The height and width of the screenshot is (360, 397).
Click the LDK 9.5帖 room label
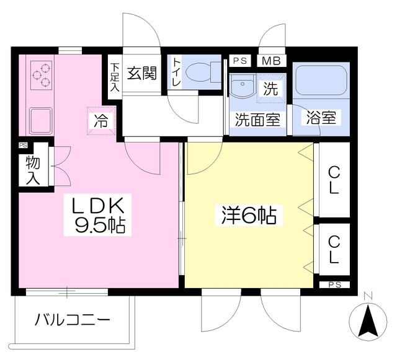[97, 215]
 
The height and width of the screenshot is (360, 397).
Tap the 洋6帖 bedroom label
[249, 215]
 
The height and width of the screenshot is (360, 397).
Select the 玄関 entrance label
[142, 73]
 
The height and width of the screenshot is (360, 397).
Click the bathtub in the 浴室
[321, 81]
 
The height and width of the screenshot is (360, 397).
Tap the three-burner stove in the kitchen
[41, 75]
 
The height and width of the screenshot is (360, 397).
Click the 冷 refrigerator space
[101, 121]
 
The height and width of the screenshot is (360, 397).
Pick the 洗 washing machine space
[271, 88]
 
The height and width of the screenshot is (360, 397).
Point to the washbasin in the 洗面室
[243, 86]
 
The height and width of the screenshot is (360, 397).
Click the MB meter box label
[271, 61]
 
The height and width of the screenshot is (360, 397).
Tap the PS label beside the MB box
[240, 61]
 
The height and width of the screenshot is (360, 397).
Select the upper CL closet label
[334, 181]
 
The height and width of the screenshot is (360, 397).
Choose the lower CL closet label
[334, 249]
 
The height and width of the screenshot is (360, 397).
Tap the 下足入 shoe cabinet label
[115, 77]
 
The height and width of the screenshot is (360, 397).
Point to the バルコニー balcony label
[73, 320]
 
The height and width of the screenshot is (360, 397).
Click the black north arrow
[368, 322]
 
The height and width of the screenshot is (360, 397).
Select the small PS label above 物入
[24, 146]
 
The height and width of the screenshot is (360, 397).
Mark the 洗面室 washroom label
[258, 120]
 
